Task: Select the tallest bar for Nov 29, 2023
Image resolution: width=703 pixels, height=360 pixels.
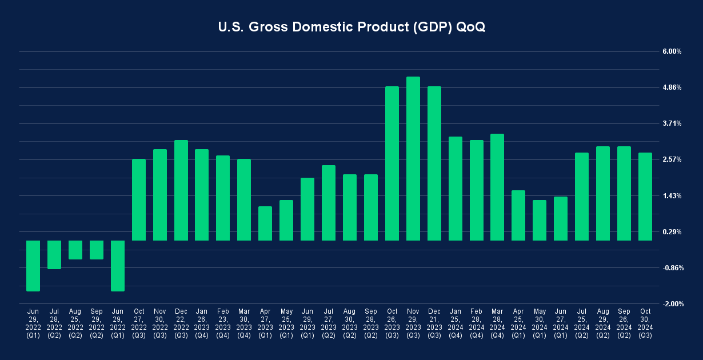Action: (413, 158)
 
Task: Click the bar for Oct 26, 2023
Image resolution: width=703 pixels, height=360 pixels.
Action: (392, 163)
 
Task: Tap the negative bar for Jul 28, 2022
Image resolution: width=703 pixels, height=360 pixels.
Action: (54, 254)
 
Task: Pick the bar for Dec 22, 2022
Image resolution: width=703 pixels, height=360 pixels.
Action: (181, 190)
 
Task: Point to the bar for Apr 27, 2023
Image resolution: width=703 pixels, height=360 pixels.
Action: (265, 223)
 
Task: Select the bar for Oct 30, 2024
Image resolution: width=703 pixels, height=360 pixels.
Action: (645, 197)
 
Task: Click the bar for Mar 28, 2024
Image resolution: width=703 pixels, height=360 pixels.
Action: (497, 187)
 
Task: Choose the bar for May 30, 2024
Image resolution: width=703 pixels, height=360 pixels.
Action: (540, 220)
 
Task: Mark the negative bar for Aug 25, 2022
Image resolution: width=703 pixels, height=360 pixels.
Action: (75, 250)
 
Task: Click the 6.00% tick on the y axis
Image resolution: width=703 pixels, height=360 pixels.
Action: (672, 51)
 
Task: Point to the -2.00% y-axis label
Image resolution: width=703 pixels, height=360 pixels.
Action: (672, 304)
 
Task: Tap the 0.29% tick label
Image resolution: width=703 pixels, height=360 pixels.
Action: (672, 232)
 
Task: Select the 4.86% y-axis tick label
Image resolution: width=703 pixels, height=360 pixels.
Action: (672, 87)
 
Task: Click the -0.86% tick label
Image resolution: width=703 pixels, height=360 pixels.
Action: (672, 268)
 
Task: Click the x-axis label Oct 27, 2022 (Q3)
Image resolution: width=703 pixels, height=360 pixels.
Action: (139, 323)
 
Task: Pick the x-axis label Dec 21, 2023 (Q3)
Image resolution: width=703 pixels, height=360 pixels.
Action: (434, 323)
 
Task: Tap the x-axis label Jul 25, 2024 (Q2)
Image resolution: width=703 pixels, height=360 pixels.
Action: (582, 323)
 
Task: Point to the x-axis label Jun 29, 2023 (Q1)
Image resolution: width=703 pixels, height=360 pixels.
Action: (307, 323)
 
